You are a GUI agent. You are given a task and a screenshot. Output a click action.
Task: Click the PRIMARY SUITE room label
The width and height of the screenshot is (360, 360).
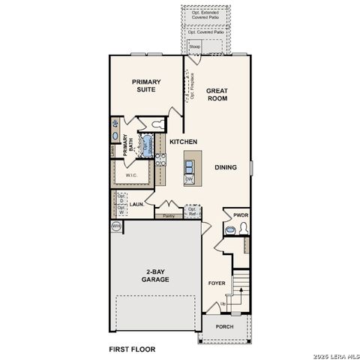[x=147, y=86]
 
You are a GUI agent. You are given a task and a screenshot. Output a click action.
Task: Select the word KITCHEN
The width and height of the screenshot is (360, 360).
[x=183, y=142]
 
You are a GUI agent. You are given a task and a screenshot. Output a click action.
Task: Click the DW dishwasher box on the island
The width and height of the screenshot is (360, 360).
[x=189, y=179]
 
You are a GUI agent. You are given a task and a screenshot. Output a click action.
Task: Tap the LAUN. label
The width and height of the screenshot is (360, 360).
[x=136, y=203]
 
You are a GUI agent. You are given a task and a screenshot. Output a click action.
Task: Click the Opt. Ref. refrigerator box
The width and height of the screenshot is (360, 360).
[x=192, y=211]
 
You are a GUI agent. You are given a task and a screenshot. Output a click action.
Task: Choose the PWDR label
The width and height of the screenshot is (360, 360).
[x=240, y=215]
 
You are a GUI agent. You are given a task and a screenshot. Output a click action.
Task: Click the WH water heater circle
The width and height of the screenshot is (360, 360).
[x=116, y=225]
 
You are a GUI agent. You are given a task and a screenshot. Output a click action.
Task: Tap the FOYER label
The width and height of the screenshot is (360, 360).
[x=217, y=283]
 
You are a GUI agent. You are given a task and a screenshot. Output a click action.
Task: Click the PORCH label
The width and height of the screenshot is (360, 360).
[x=224, y=326]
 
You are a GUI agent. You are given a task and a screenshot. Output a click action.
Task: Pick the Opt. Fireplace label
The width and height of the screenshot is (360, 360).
[x=192, y=86]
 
